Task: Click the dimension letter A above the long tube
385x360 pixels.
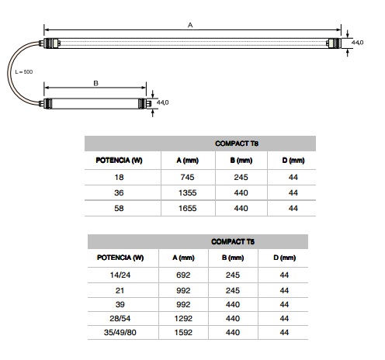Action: coord(190,25)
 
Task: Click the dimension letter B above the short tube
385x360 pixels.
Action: coord(95,83)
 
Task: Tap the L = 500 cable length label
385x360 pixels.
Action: coord(24,72)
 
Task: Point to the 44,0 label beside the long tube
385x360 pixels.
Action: coord(357,43)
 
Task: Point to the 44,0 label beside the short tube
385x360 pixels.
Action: coord(162,102)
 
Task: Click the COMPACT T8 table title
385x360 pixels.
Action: coord(237,144)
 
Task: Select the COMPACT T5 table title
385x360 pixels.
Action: coord(233,242)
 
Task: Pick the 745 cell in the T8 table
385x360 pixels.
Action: coord(187,177)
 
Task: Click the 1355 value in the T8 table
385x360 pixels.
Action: coord(188,192)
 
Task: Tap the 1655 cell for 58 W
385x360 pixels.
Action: coord(188,208)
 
